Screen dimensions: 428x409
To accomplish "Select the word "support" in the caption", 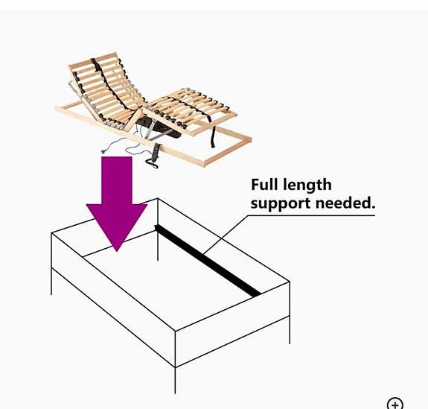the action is pyautogui.click(x=281, y=204).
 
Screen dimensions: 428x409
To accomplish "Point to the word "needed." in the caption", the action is pyautogui.click(x=345, y=203).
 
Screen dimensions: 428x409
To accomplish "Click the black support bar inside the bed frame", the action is pyautogui.click(x=208, y=261).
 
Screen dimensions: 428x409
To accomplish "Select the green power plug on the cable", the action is pyautogui.click(x=103, y=151).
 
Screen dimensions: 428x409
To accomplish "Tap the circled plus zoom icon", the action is pyautogui.click(x=395, y=404).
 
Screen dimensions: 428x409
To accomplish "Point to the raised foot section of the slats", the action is pyautogui.click(x=191, y=110).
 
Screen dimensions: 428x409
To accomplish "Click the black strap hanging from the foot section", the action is pyautogui.click(x=212, y=133).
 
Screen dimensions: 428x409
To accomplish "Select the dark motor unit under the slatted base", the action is pyautogui.click(x=159, y=128).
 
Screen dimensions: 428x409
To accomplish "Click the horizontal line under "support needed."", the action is pyautogui.click(x=311, y=215).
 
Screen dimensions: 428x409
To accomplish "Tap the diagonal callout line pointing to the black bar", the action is pyautogui.click(x=226, y=235).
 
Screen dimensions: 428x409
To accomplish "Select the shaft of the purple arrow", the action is pyautogui.click(x=117, y=180).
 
